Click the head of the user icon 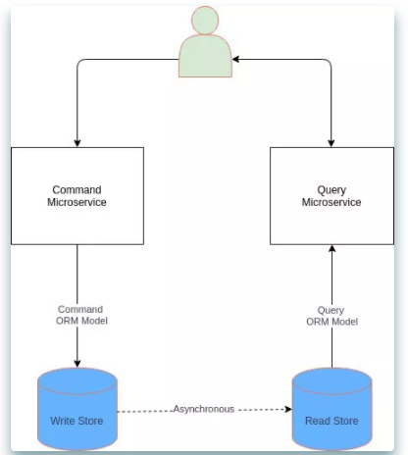pyautogui.click(x=205, y=21)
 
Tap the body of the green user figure pyautogui.click(x=205, y=56)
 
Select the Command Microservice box pyautogui.click(x=77, y=196)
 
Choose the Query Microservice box pyautogui.click(x=331, y=196)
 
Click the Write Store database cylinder pyautogui.click(x=77, y=409)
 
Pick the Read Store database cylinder pyautogui.click(x=331, y=409)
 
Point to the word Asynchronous pyautogui.click(x=204, y=409)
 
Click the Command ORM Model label pyautogui.click(x=81, y=315)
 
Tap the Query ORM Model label pyautogui.click(x=331, y=316)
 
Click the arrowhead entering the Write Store pyautogui.click(x=77, y=364)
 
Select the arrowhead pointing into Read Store pyautogui.click(x=288, y=409)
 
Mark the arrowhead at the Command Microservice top pyautogui.click(x=77, y=143)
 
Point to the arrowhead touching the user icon pyautogui.click(x=235, y=59)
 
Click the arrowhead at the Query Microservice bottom pyautogui.click(x=331, y=249)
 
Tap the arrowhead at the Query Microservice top pyautogui.click(x=331, y=143)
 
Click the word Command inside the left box pyautogui.click(x=76, y=190)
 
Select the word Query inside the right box pyautogui.click(x=331, y=190)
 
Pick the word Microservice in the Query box pyautogui.click(x=331, y=202)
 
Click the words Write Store pyautogui.click(x=76, y=421)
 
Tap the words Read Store pyautogui.click(x=331, y=421)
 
